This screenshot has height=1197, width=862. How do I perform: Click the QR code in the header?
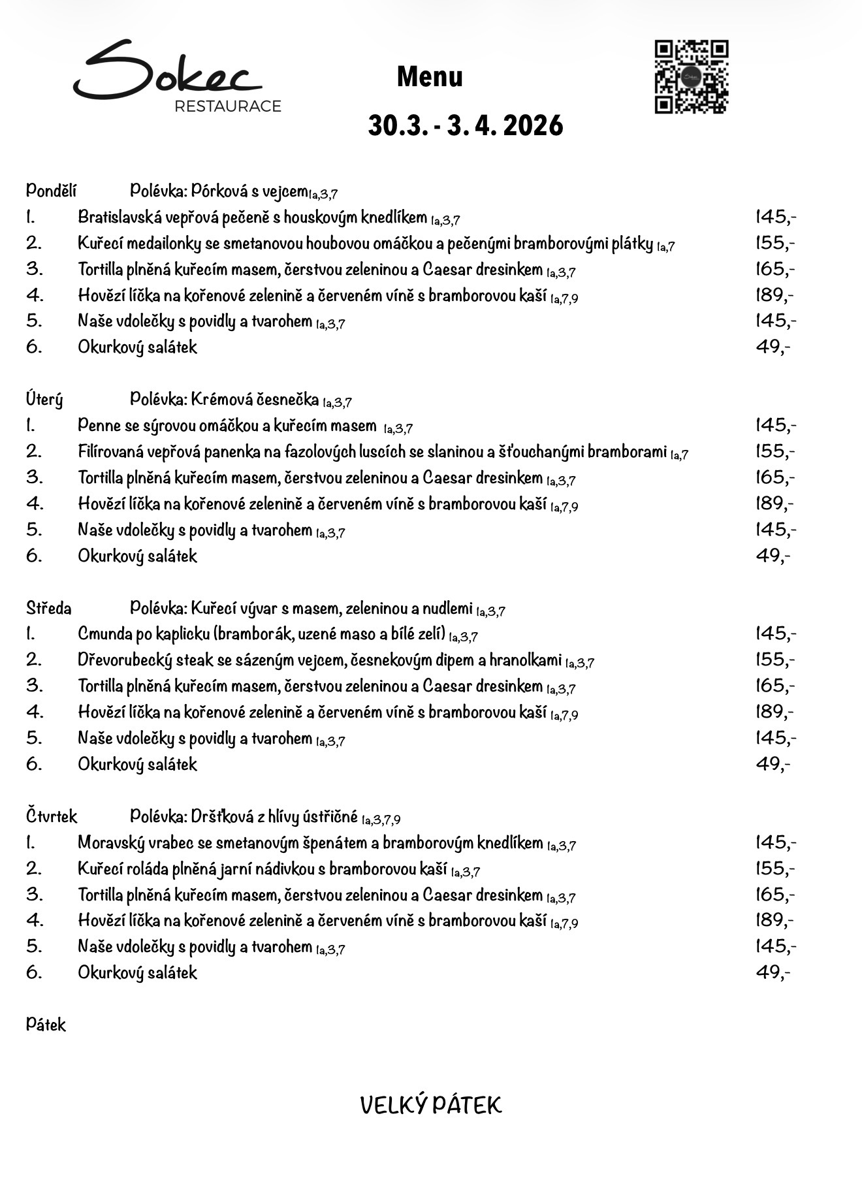pyautogui.click(x=692, y=77)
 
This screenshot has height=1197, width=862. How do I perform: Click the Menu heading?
pyautogui.click(x=430, y=77)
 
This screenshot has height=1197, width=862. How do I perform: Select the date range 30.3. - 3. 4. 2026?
pyautogui.click(x=465, y=125)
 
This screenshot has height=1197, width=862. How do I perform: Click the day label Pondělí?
pyautogui.click(x=52, y=191)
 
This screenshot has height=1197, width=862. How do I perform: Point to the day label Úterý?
pyautogui.click(x=44, y=399)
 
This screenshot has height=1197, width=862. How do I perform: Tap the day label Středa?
pyautogui.click(x=49, y=608)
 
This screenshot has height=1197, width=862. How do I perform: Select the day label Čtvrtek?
pyautogui.click(x=52, y=816)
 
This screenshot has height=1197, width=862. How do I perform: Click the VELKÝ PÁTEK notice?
pyautogui.click(x=431, y=1105)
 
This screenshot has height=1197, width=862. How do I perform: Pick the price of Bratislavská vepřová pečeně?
pyautogui.click(x=775, y=216)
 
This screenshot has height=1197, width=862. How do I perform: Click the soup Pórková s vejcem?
pyautogui.click(x=249, y=191)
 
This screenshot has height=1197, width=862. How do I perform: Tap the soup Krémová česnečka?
pyautogui.click(x=255, y=399)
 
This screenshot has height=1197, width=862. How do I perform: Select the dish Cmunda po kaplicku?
pyautogui.click(x=261, y=633)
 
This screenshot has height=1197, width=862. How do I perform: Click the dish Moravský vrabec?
pyautogui.click(x=310, y=842)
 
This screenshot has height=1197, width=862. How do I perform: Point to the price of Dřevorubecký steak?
pyautogui.click(x=775, y=660)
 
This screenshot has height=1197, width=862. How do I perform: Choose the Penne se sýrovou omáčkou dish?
pyautogui.click(x=227, y=426)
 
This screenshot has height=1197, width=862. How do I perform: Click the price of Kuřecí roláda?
pyautogui.click(x=775, y=868)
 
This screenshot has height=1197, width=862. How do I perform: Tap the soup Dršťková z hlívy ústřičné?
pyautogui.click(x=274, y=816)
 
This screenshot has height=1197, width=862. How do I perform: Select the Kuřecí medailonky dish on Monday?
pyautogui.click(x=365, y=244)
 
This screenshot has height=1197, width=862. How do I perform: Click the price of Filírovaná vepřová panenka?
pyautogui.click(x=775, y=451)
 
